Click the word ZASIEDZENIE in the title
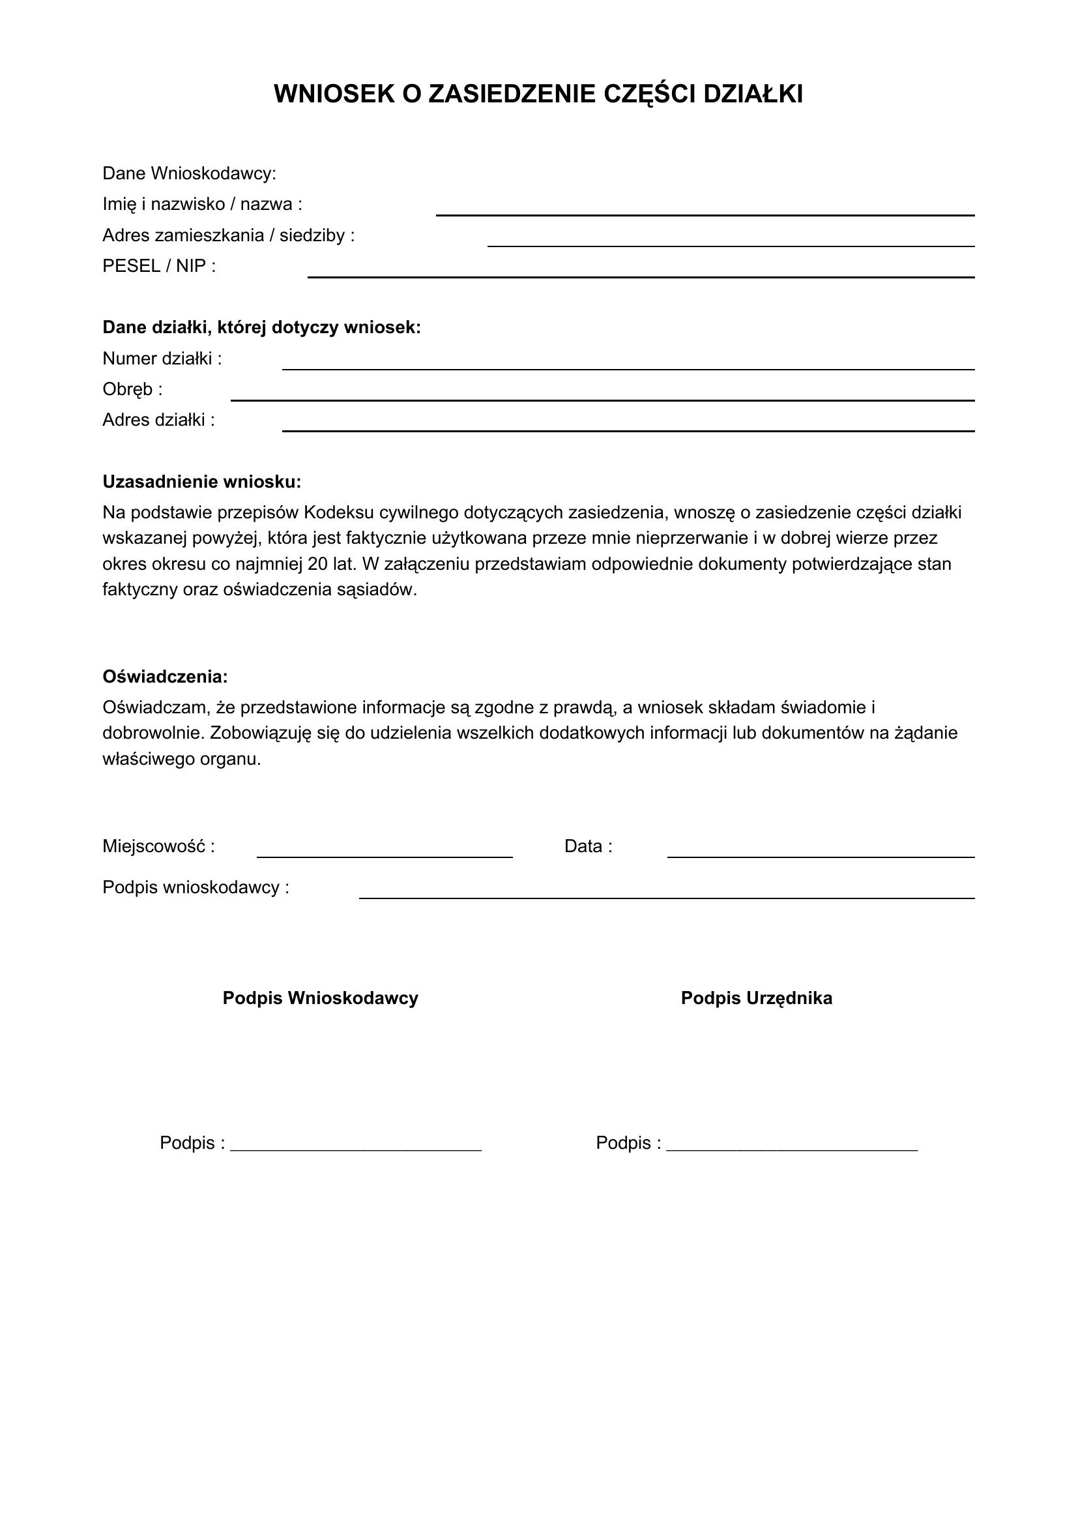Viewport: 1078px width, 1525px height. click(511, 95)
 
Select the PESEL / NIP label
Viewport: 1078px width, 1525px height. click(159, 267)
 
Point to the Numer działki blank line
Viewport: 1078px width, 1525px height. click(628, 364)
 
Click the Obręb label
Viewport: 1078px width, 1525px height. click(132, 389)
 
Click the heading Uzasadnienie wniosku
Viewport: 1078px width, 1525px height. click(202, 482)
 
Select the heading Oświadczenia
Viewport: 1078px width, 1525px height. click(166, 677)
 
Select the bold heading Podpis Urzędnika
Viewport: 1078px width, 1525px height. click(756, 998)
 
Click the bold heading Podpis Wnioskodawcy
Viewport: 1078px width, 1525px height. click(320, 998)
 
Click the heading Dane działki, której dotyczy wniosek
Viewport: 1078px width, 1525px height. click(261, 327)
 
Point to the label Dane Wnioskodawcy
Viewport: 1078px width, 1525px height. click(189, 173)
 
